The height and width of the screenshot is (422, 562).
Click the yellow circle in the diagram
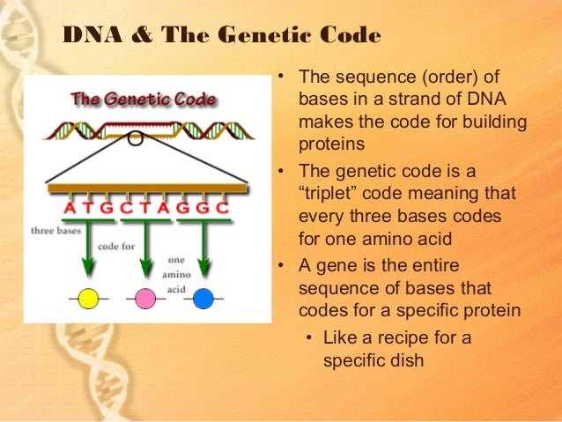(x=88, y=299)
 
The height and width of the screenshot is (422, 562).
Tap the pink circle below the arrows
(x=145, y=299)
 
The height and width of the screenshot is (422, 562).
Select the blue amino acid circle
(x=203, y=299)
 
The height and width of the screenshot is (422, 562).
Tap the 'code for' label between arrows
(x=116, y=247)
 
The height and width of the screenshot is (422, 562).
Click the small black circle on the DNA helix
(x=134, y=137)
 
